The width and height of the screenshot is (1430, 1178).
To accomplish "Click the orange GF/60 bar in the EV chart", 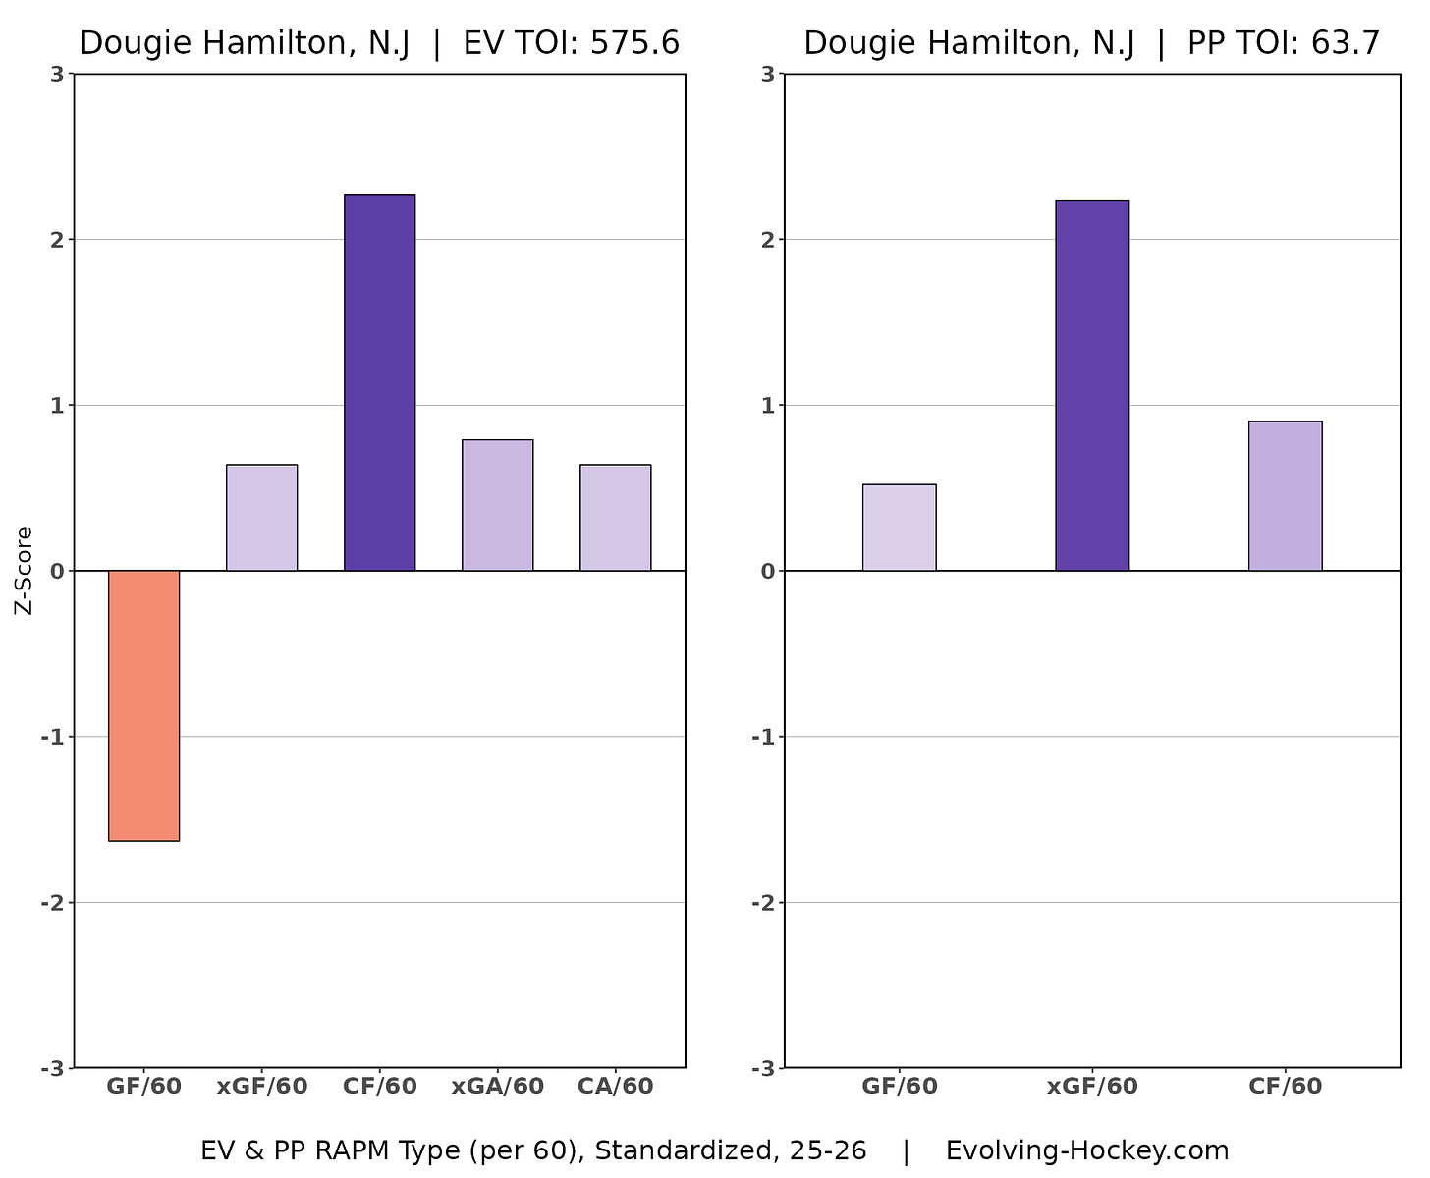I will (143, 705).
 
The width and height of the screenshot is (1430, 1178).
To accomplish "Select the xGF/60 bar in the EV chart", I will (261, 518).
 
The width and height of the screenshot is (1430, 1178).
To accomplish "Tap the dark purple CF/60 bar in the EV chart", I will (379, 382).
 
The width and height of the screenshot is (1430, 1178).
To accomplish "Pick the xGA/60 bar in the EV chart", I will (497, 505).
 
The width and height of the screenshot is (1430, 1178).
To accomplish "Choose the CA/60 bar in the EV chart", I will (615, 518).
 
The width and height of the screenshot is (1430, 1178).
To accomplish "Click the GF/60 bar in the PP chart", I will (899, 528).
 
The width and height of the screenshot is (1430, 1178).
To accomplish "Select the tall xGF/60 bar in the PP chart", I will (1092, 386).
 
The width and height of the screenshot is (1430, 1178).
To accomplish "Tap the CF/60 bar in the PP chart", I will (1285, 496).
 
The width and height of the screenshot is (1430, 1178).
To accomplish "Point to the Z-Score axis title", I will (25, 571).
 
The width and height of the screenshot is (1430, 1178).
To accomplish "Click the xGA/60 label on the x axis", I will (497, 1086).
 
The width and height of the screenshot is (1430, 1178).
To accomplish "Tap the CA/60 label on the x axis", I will (615, 1086).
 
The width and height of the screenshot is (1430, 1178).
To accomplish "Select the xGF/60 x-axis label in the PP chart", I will (1092, 1086).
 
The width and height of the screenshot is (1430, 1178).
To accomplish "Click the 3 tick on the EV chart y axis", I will (58, 74).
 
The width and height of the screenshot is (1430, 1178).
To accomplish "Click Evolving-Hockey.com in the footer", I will (1086, 1150).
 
